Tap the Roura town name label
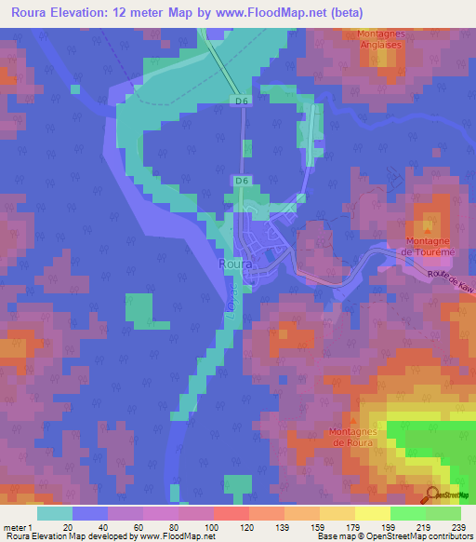232,264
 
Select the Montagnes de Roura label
350,437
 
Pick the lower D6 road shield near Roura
241,180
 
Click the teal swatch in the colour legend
55,513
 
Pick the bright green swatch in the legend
407,513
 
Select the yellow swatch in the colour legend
372,513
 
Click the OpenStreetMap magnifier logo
431,495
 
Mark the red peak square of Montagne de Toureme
429,224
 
